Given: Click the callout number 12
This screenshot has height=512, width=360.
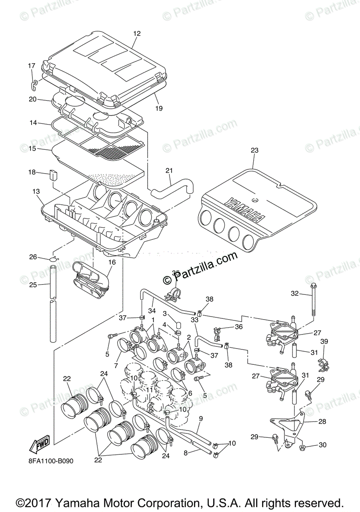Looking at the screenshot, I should click(x=137, y=34).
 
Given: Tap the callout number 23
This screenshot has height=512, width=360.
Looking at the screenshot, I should click(x=255, y=151).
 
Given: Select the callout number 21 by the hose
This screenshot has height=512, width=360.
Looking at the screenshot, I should click(x=170, y=171).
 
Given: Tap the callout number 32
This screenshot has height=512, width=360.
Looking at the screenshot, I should click(x=295, y=294).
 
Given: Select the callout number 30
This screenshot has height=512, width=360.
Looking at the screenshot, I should click(x=322, y=445).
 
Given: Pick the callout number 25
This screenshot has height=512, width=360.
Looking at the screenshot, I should click(x=33, y=285).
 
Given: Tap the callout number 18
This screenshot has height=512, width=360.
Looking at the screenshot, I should click(x=32, y=172).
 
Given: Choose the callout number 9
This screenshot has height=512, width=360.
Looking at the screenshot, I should click(x=201, y=418).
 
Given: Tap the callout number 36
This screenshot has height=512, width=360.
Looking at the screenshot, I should click(x=238, y=327).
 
